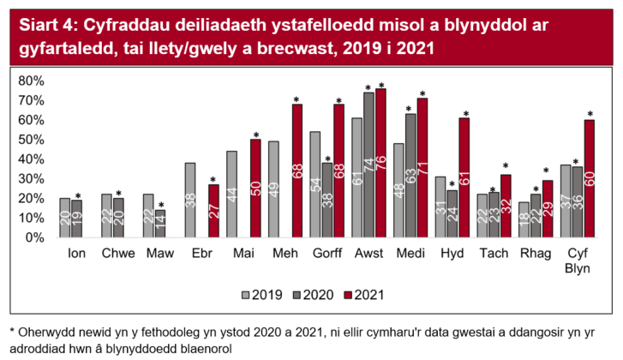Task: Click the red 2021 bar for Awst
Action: point(380,163)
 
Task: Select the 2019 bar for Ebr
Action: point(190,200)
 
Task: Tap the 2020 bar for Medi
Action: point(410,176)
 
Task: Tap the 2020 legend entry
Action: point(309,294)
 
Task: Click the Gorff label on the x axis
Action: point(326,255)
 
